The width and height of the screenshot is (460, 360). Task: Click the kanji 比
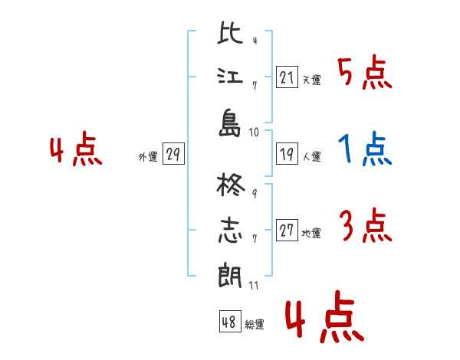click(230, 33)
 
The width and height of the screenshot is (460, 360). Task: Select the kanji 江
click(230, 76)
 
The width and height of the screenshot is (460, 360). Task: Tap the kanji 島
click(230, 123)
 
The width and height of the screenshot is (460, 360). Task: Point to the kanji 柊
click(231, 185)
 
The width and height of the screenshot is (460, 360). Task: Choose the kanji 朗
click(230, 275)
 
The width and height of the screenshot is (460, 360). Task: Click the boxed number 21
click(287, 77)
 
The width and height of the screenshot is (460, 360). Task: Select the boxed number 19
click(287, 154)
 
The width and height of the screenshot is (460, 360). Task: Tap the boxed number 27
click(287, 230)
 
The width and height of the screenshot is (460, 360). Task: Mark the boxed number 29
click(173, 154)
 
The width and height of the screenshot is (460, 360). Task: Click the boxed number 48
click(230, 322)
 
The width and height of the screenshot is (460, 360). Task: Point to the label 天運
click(312, 80)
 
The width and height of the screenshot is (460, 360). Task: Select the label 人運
click(312, 156)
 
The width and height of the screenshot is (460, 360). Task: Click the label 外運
click(148, 156)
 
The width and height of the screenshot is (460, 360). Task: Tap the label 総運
click(255, 324)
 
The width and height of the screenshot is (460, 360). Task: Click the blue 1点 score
click(365, 149)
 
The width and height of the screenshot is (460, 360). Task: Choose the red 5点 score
click(365, 73)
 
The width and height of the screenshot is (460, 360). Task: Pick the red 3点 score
click(366, 225)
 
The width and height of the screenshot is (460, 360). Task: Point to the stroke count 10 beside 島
click(254, 133)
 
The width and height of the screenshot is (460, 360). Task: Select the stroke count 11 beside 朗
click(254, 286)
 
